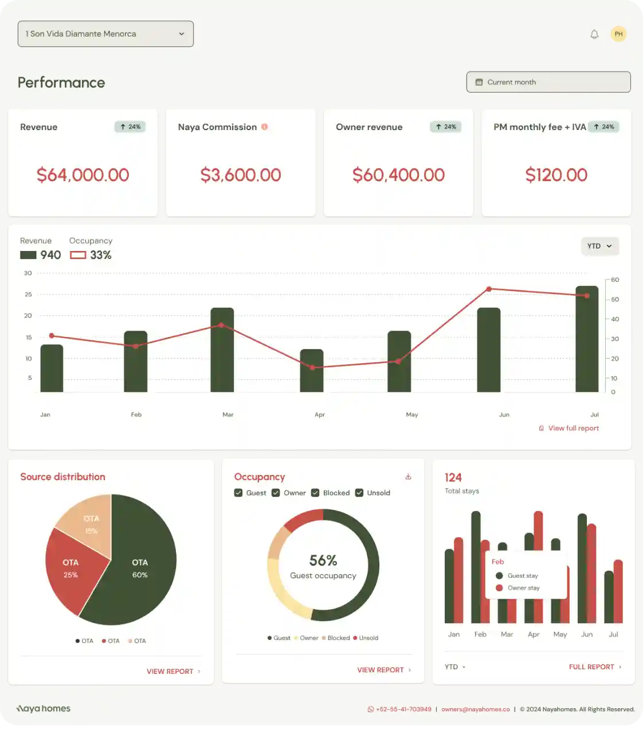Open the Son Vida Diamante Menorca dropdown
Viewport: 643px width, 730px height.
tap(105, 34)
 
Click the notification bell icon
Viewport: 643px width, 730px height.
tap(594, 34)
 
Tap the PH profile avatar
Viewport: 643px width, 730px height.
tap(618, 34)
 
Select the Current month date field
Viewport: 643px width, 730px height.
tap(548, 82)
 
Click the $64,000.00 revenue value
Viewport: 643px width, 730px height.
tap(83, 175)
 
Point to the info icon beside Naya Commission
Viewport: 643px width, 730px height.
tap(265, 127)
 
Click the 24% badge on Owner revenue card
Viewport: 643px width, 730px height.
tap(445, 127)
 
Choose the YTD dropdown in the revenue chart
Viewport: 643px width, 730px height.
tap(599, 246)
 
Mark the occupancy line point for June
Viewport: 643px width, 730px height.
tap(489, 289)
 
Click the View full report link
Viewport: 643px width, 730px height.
tap(573, 428)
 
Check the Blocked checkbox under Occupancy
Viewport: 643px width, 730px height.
tap(315, 493)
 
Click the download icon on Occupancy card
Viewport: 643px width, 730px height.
tap(408, 477)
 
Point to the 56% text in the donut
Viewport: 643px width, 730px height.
tap(323, 560)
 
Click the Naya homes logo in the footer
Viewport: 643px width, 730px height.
tap(44, 709)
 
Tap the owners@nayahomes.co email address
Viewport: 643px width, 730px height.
tap(475, 709)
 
